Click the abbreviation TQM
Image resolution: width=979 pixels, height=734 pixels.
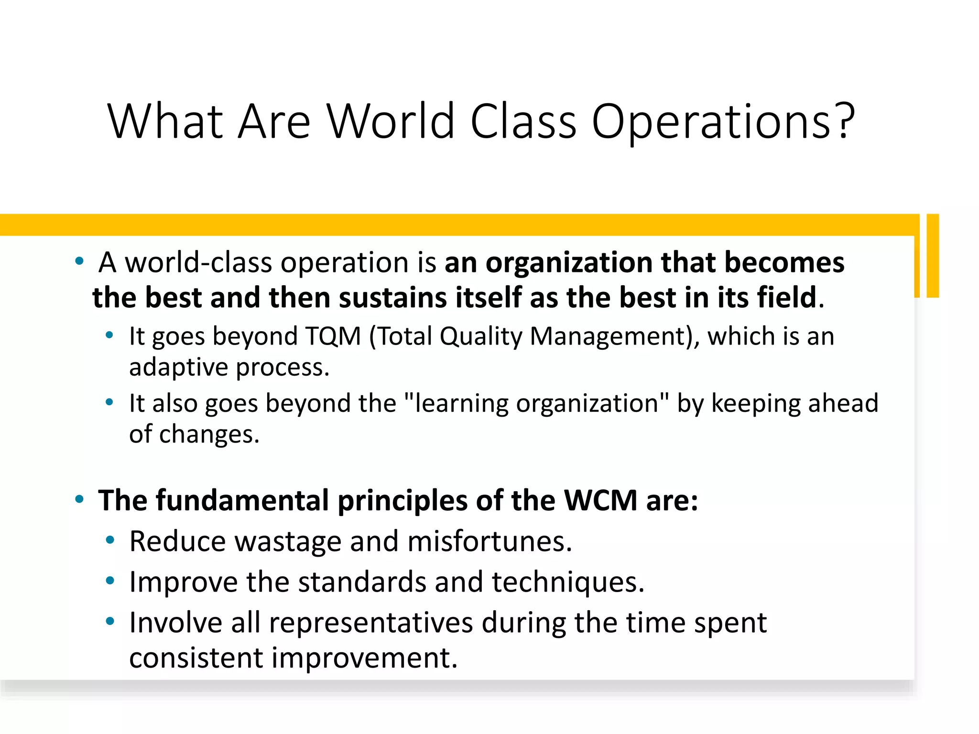[333, 336]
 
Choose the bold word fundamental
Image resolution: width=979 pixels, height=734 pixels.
[242, 500]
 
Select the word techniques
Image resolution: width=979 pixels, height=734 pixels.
[568, 582]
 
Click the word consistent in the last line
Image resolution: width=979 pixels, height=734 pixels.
[196, 658]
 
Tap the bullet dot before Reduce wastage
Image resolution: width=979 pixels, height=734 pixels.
[110, 540]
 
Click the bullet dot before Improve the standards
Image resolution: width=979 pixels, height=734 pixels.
[110, 581]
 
